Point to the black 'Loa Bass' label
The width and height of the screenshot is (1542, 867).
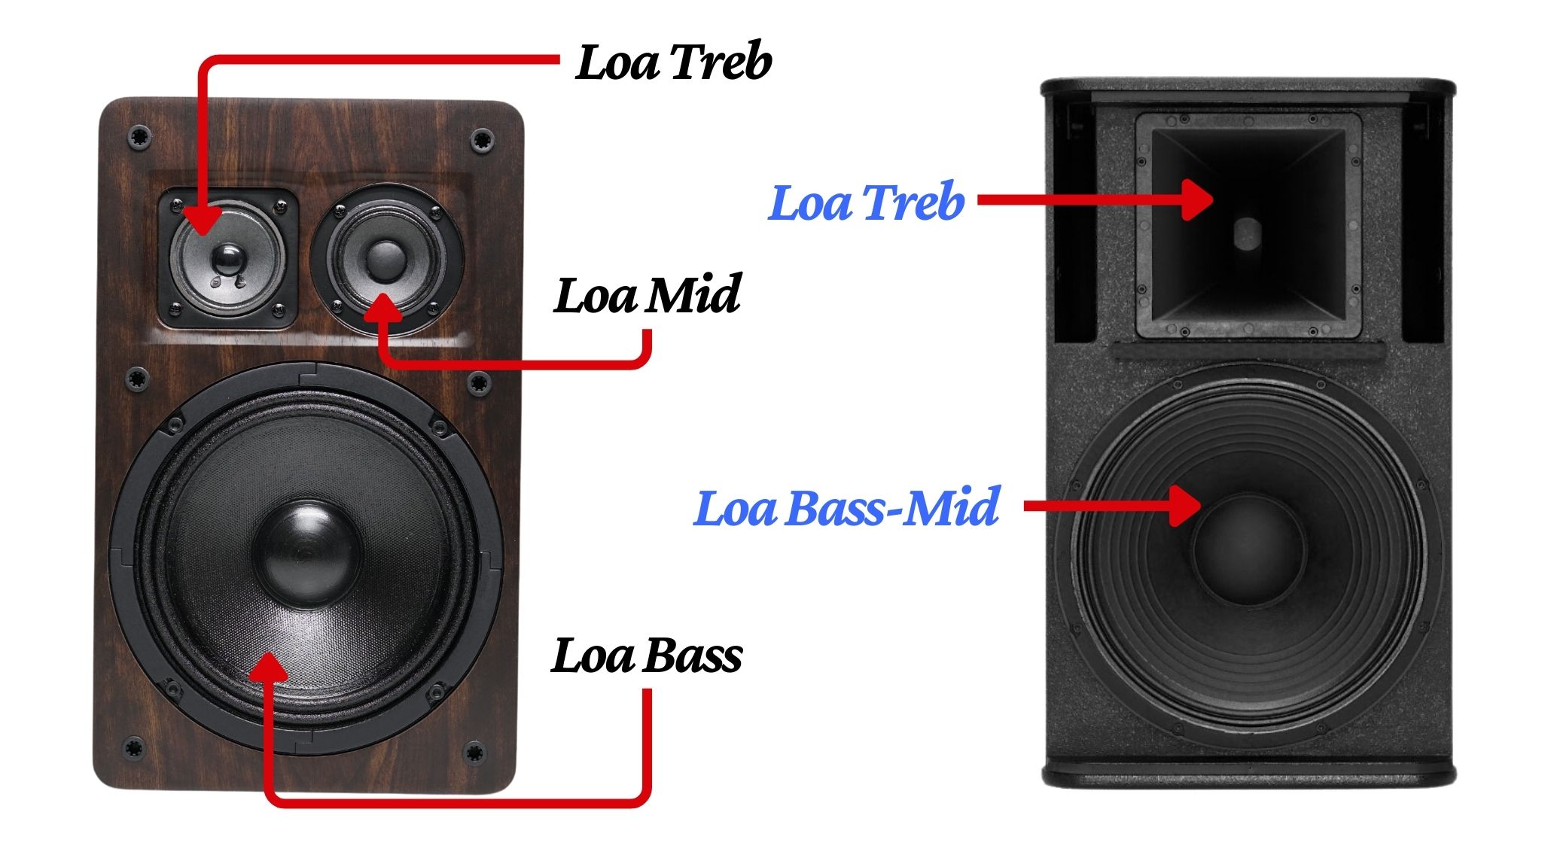pyautogui.click(x=647, y=656)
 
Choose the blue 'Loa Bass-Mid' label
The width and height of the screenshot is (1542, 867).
pyautogui.click(x=846, y=508)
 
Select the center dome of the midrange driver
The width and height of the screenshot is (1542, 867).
pyautogui.click(x=385, y=260)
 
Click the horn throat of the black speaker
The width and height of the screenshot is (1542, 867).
pyautogui.click(x=1247, y=233)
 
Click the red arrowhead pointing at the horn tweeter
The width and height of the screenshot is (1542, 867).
pyautogui.click(x=1197, y=199)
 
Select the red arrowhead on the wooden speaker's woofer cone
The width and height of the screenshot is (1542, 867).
pyautogui.click(x=268, y=668)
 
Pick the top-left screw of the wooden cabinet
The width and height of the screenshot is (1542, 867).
pyautogui.click(x=139, y=138)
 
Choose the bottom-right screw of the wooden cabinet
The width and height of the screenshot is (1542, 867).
pyautogui.click(x=474, y=752)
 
